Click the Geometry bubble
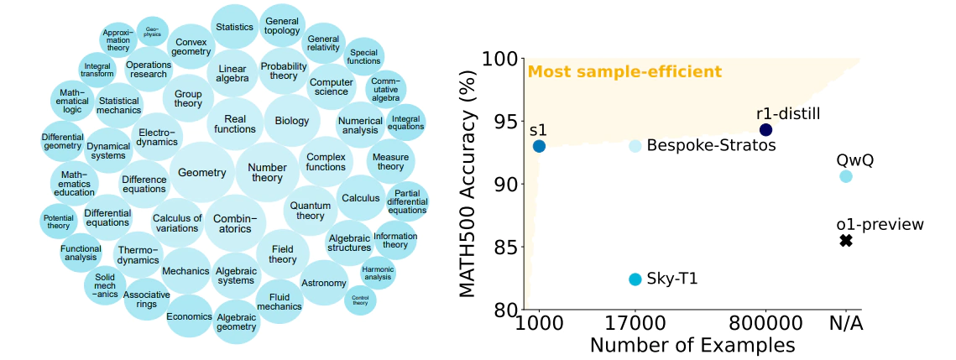[x=202, y=173]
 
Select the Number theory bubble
[x=267, y=173]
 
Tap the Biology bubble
[x=292, y=121]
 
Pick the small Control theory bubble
[x=360, y=300]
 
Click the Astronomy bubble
[x=323, y=283]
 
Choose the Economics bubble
[x=189, y=316]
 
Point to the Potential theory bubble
[x=59, y=222]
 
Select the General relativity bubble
[x=323, y=44]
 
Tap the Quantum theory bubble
[x=310, y=211]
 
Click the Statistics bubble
[x=234, y=27]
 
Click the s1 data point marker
[x=539, y=146]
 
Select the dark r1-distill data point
[x=765, y=129]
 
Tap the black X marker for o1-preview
[x=845, y=241]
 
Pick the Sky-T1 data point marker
[x=635, y=279]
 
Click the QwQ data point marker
[x=845, y=176]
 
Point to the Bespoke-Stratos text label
[x=712, y=146]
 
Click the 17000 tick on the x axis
[x=635, y=322]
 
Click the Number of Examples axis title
[x=692, y=345]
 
